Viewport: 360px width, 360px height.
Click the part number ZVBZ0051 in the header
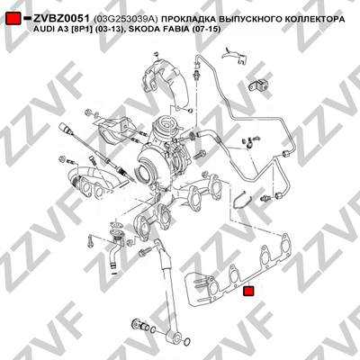tap(61, 19)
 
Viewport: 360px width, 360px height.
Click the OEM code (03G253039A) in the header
tap(126, 20)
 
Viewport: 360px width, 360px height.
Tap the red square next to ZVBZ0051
tap(13, 18)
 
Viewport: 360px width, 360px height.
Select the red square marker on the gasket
tap(248, 291)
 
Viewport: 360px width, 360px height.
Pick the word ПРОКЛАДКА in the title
tap(187, 20)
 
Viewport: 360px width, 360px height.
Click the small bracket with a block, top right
tap(258, 85)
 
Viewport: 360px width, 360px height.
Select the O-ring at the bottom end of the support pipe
tap(186, 341)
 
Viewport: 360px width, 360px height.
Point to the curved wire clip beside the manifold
tap(241, 200)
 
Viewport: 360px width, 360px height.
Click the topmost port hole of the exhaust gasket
tap(284, 244)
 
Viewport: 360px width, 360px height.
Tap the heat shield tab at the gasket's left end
tap(198, 289)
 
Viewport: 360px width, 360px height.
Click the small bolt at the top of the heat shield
tap(156, 54)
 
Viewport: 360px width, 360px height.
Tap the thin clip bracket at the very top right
tap(236, 56)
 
